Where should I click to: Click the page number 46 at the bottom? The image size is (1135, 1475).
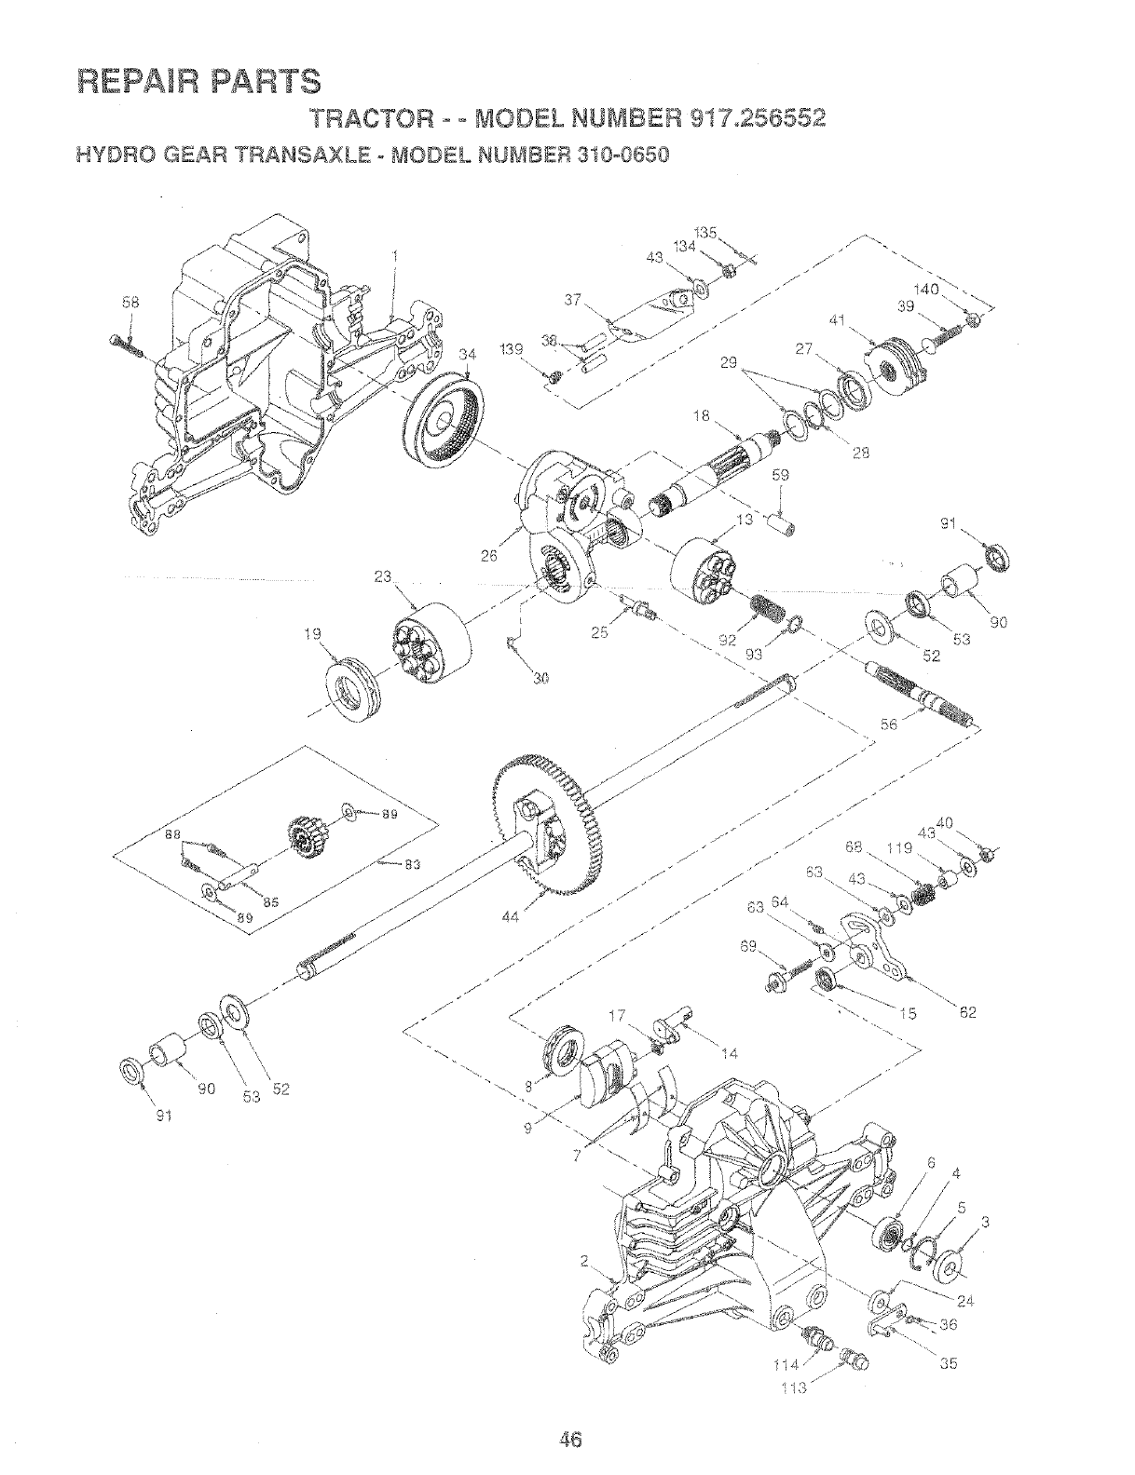[x=570, y=1414]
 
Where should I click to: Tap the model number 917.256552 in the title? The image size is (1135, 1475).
[x=757, y=120]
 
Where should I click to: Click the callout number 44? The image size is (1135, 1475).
[x=509, y=917]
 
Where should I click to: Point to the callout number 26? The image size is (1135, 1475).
[x=491, y=558]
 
